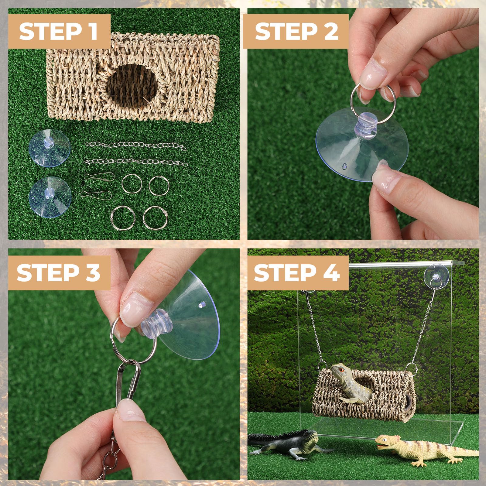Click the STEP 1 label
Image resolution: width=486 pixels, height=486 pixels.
(58, 32)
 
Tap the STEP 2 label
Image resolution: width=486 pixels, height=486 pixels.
(296, 32)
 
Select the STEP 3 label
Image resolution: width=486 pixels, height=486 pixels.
(58, 272)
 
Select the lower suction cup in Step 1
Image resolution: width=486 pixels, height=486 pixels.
(50, 197)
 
